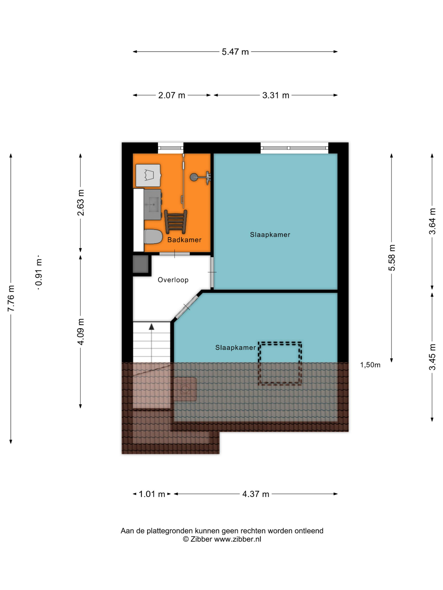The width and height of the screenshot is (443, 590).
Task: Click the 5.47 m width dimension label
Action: [235, 52]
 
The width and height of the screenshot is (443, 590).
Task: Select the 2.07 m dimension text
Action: [171, 95]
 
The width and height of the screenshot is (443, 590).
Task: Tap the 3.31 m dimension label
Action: [276, 95]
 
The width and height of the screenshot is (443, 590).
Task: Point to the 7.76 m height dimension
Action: [11, 298]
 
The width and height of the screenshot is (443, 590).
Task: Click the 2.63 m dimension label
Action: [80, 202]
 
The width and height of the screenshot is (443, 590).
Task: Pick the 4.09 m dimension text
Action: [80, 332]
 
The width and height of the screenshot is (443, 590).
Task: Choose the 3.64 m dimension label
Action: [432, 221]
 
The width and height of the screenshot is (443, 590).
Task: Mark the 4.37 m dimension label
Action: [256, 494]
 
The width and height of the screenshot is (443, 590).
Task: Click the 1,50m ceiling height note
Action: [370, 365]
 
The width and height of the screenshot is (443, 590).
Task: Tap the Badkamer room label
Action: [184, 240]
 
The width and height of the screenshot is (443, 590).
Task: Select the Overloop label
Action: [173, 280]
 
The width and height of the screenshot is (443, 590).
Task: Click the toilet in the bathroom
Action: [153, 236]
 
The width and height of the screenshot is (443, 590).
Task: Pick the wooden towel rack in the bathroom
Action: [175, 222]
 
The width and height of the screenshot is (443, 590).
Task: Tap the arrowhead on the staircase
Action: [152, 327]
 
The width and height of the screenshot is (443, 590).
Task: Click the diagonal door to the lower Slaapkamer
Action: [186, 307]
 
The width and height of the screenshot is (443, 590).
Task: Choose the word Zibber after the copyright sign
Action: [201, 539]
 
